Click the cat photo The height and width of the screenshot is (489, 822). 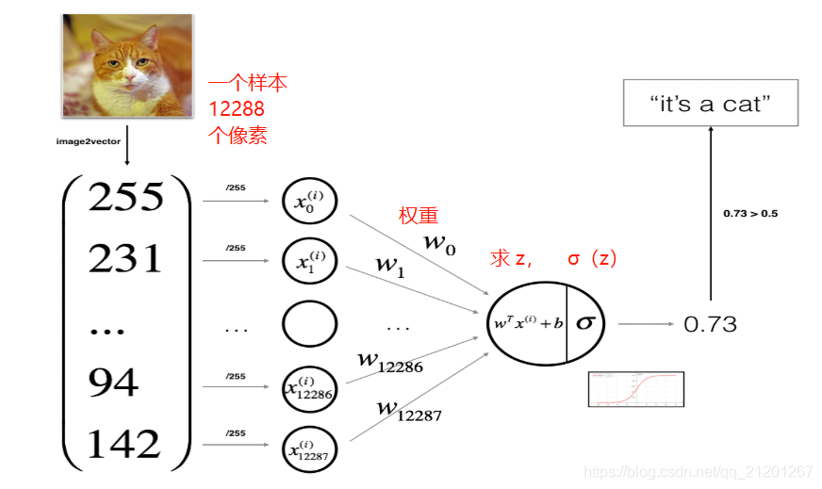point(128,65)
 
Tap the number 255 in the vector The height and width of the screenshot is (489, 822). point(126,197)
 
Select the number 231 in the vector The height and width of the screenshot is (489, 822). point(126,257)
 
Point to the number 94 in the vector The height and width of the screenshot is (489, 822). point(113,382)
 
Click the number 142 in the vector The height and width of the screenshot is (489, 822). point(126,443)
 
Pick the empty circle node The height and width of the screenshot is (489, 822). point(309,326)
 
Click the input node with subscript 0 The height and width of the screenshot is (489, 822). point(309,201)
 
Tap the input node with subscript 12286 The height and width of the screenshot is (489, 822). point(309,387)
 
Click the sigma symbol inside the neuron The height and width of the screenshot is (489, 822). point(585,322)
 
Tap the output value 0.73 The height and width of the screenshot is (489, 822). point(710,324)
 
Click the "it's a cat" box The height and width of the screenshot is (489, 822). point(710,103)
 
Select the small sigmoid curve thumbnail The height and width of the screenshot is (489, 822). point(635,389)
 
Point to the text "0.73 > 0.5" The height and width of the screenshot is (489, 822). point(750,213)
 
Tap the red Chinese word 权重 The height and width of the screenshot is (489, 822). point(419,216)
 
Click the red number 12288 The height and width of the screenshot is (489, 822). point(237,109)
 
